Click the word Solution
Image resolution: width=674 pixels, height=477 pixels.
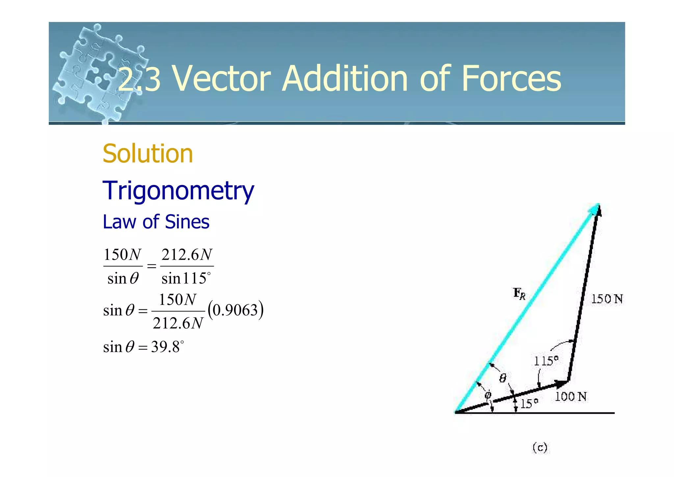click(148, 154)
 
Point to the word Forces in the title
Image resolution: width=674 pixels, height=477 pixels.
click(511, 79)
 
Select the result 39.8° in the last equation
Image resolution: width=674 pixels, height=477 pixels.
click(167, 347)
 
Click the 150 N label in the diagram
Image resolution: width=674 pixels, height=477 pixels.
click(607, 299)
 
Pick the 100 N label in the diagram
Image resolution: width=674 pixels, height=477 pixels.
click(571, 397)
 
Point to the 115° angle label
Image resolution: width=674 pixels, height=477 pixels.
click(546, 361)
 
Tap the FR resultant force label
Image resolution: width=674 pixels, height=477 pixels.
click(519, 293)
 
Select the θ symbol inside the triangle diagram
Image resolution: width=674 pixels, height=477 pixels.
click(502, 378)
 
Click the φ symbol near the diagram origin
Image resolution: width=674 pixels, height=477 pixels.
click(488, 395)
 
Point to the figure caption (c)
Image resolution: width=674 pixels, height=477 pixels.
click(540, 447)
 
